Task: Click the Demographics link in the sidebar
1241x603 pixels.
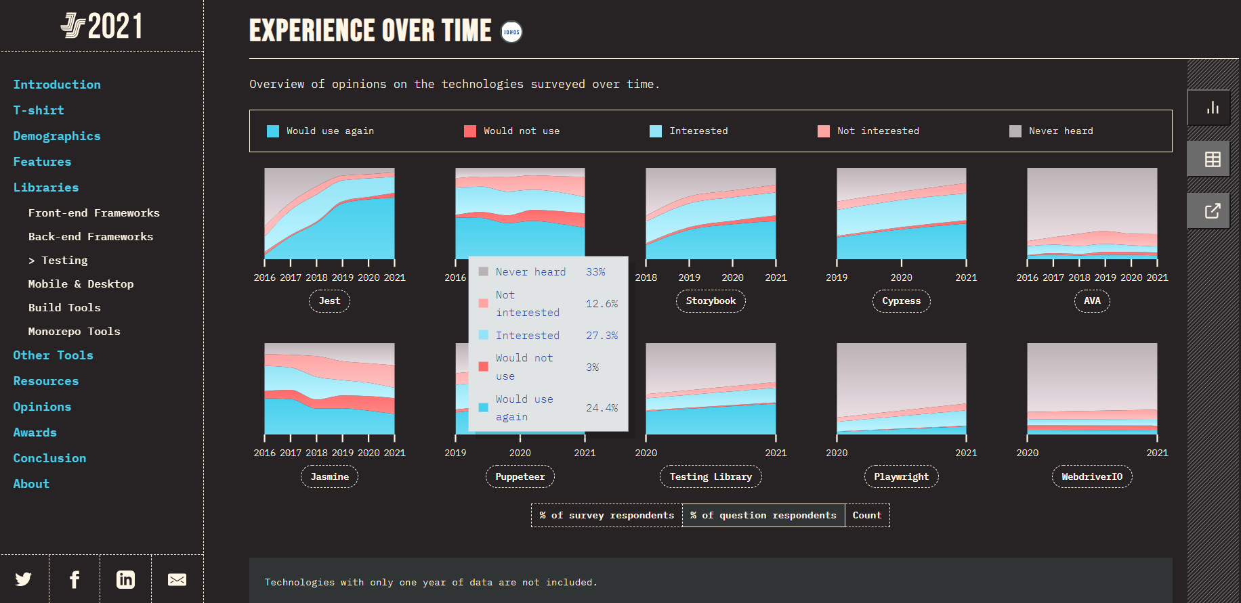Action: pos(57,136)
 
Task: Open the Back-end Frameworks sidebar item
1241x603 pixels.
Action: pos(91,237)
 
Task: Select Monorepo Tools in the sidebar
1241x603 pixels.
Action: pos(75,332)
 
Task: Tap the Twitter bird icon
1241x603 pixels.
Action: pos(24,579)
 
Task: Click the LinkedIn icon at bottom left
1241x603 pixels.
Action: pos(126,579)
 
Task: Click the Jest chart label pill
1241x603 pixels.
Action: pos(329,301)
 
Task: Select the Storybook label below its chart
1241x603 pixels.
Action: pos(711,301)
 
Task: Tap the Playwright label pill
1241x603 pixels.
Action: pos(901,477)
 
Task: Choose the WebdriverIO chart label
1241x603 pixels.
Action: pos(1091,477)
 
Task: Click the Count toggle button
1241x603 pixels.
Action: pos(867,516)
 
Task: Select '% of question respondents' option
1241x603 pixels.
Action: pos(763,516)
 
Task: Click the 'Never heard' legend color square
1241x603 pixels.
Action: pos(1015,131)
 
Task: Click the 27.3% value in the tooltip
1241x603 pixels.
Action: pos(602,336)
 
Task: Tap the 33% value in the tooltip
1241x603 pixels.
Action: pos(595,272)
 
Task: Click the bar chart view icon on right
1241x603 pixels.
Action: pos(1213,108)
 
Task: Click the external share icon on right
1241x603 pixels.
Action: pos(1213,210)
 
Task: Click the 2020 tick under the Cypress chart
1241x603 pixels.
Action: pos(901,277)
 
